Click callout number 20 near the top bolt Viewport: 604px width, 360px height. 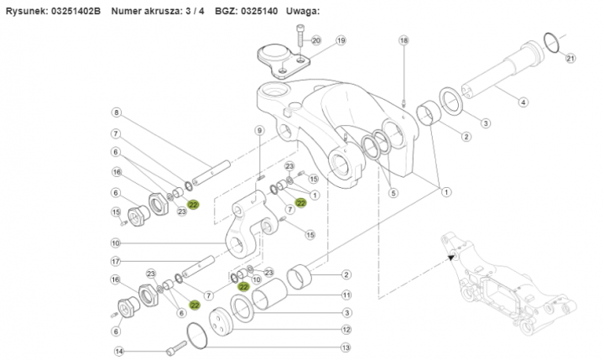pyautogui.click(x=315, y=40)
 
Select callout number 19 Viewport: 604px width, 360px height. pyautogui.click(x=341, y=40)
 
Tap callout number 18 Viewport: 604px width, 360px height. pyautogui.click(x=404, y=40)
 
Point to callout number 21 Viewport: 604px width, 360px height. pyautogui.click(x=571, y=58)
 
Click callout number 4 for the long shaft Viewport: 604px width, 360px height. pyautogui.click(x=523, y=102)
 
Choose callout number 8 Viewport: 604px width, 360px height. pyautogui.click(x=116, y=112)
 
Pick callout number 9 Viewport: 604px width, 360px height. pyautogui.click(x=259, y=130)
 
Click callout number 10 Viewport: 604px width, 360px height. pyautogui.click(x=116, y=243)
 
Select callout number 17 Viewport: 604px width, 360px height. pyautogui.click(x=116, y=261)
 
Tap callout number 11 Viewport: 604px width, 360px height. pyautogui.click(x=345, y=295)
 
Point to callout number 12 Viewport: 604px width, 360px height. pyautogui.click(x=345, y=329)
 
